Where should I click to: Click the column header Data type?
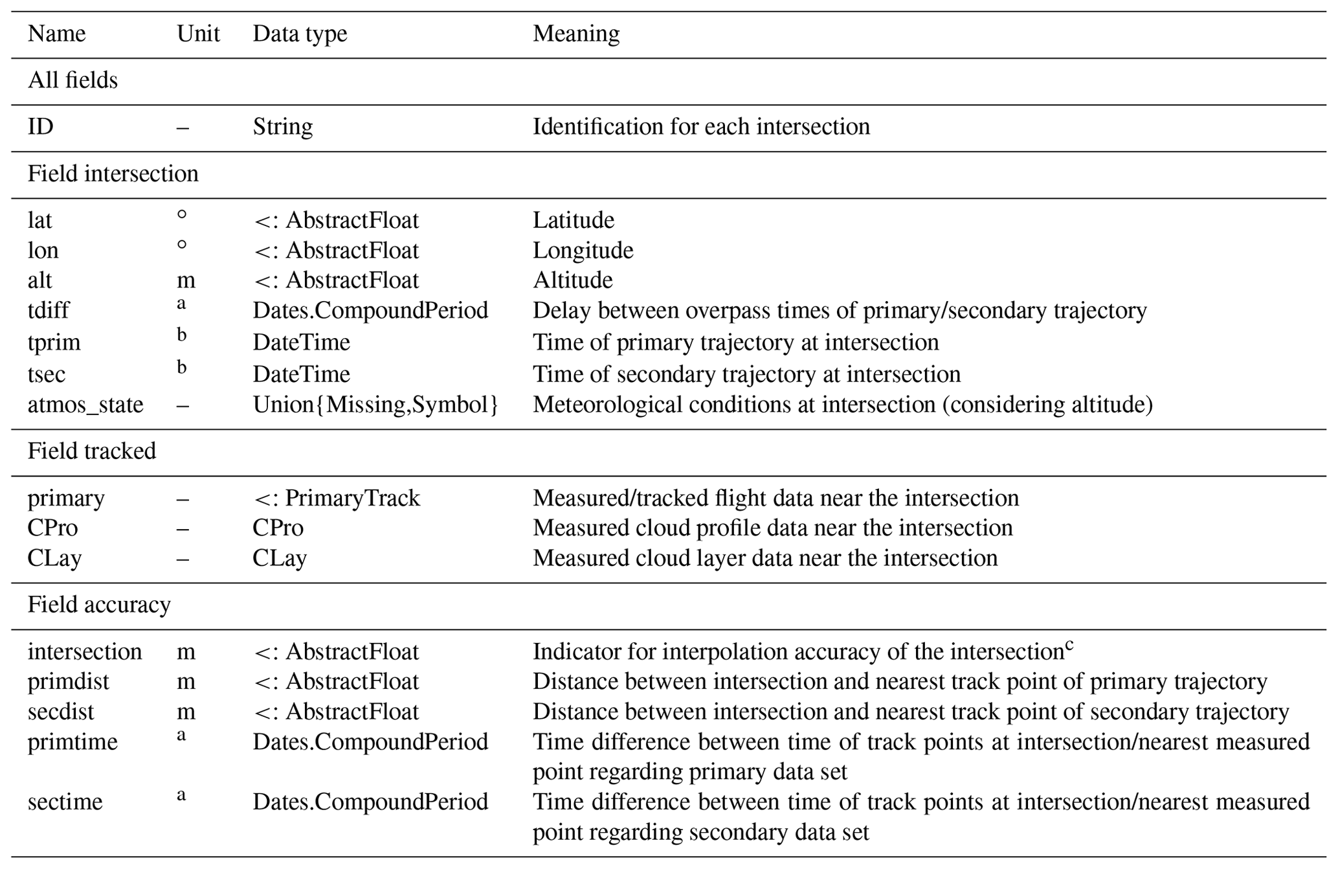pos(300,34)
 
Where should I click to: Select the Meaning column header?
pos(575,34)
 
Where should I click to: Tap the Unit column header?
pos(198,34)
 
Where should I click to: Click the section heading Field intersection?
pos(113,174)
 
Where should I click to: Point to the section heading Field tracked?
pos(92,451)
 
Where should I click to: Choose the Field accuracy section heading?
pos(99,604)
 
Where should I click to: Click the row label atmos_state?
pos(85,405)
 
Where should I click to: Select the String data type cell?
pos(283,126)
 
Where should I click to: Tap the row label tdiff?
pos(48,310)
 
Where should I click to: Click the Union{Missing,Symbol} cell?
pos(375,405)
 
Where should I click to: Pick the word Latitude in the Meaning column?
pos(573,220)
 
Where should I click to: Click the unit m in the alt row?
pos(186,280)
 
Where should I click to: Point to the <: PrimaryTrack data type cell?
pos(337,498)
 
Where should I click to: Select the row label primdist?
pos(68,681)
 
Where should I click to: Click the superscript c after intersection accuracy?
pos(1069,645)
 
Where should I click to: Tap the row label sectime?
pos(65,802)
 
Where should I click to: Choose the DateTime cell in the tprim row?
pos(301,342)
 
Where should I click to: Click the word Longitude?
pos(583,250)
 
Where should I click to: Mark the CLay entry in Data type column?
pos(280,558)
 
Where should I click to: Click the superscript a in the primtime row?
pos(181,735)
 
